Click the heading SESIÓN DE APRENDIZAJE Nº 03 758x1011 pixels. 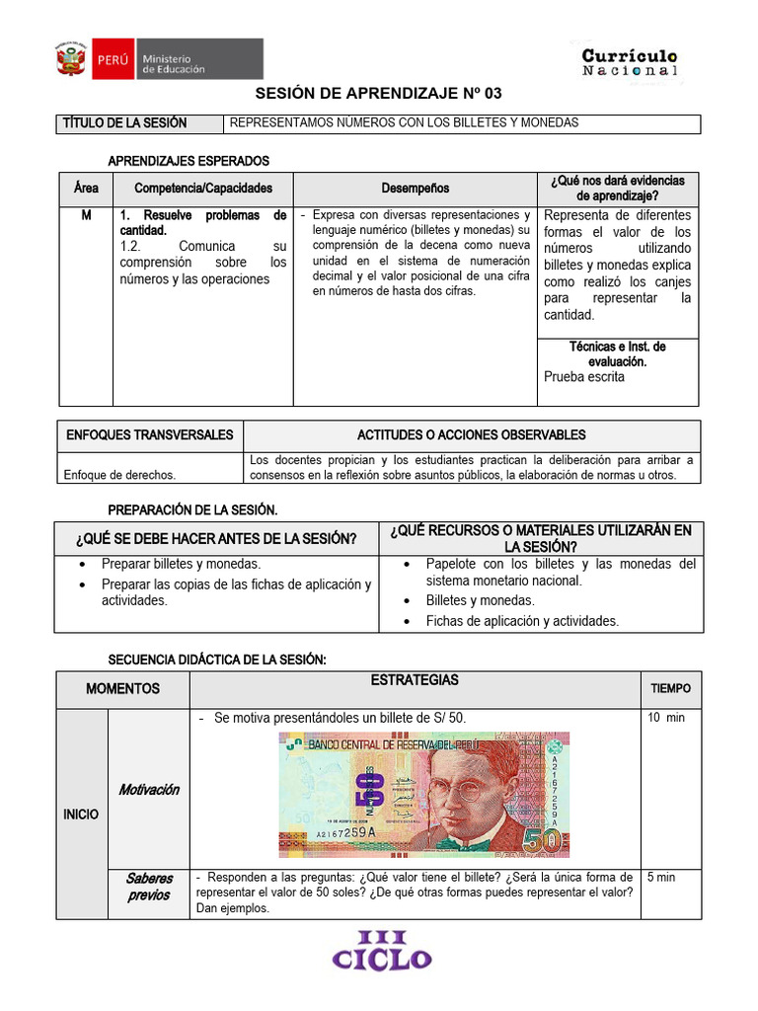pyautogui.click(x=379, y=94)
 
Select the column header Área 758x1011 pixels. pyautogui.click(x=86, y=188)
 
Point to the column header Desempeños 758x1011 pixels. pyautogui.click(x=415, y=188)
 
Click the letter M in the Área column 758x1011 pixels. pyautogui.click(x=86, y=215)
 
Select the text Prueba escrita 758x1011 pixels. pyautogui.click(x=584, y=376)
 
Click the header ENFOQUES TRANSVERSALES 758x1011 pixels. pyautogui.click(x=150, y=435)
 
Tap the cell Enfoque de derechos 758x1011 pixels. pyautogui.click(x=119, y=475)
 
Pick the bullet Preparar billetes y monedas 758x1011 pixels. pyautogui.click(x=181, y=564)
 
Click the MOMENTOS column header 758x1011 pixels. pyautogui.click(x=122, y=688)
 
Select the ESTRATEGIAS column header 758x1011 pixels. pyautogui.click(x=415, y=681)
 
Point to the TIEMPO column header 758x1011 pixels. pyautogui.click(x=670, y=688)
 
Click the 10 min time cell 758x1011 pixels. pyautogui.click(x=666, y=718)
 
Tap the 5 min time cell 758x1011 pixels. pyautogui.click(x=661, y=877)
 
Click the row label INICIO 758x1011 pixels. pyautogui.click(x=81, y=815)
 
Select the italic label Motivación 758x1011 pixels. pyautogui.click(x=149, y=790)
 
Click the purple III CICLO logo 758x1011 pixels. pyautogui.click(x=381, y=952)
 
